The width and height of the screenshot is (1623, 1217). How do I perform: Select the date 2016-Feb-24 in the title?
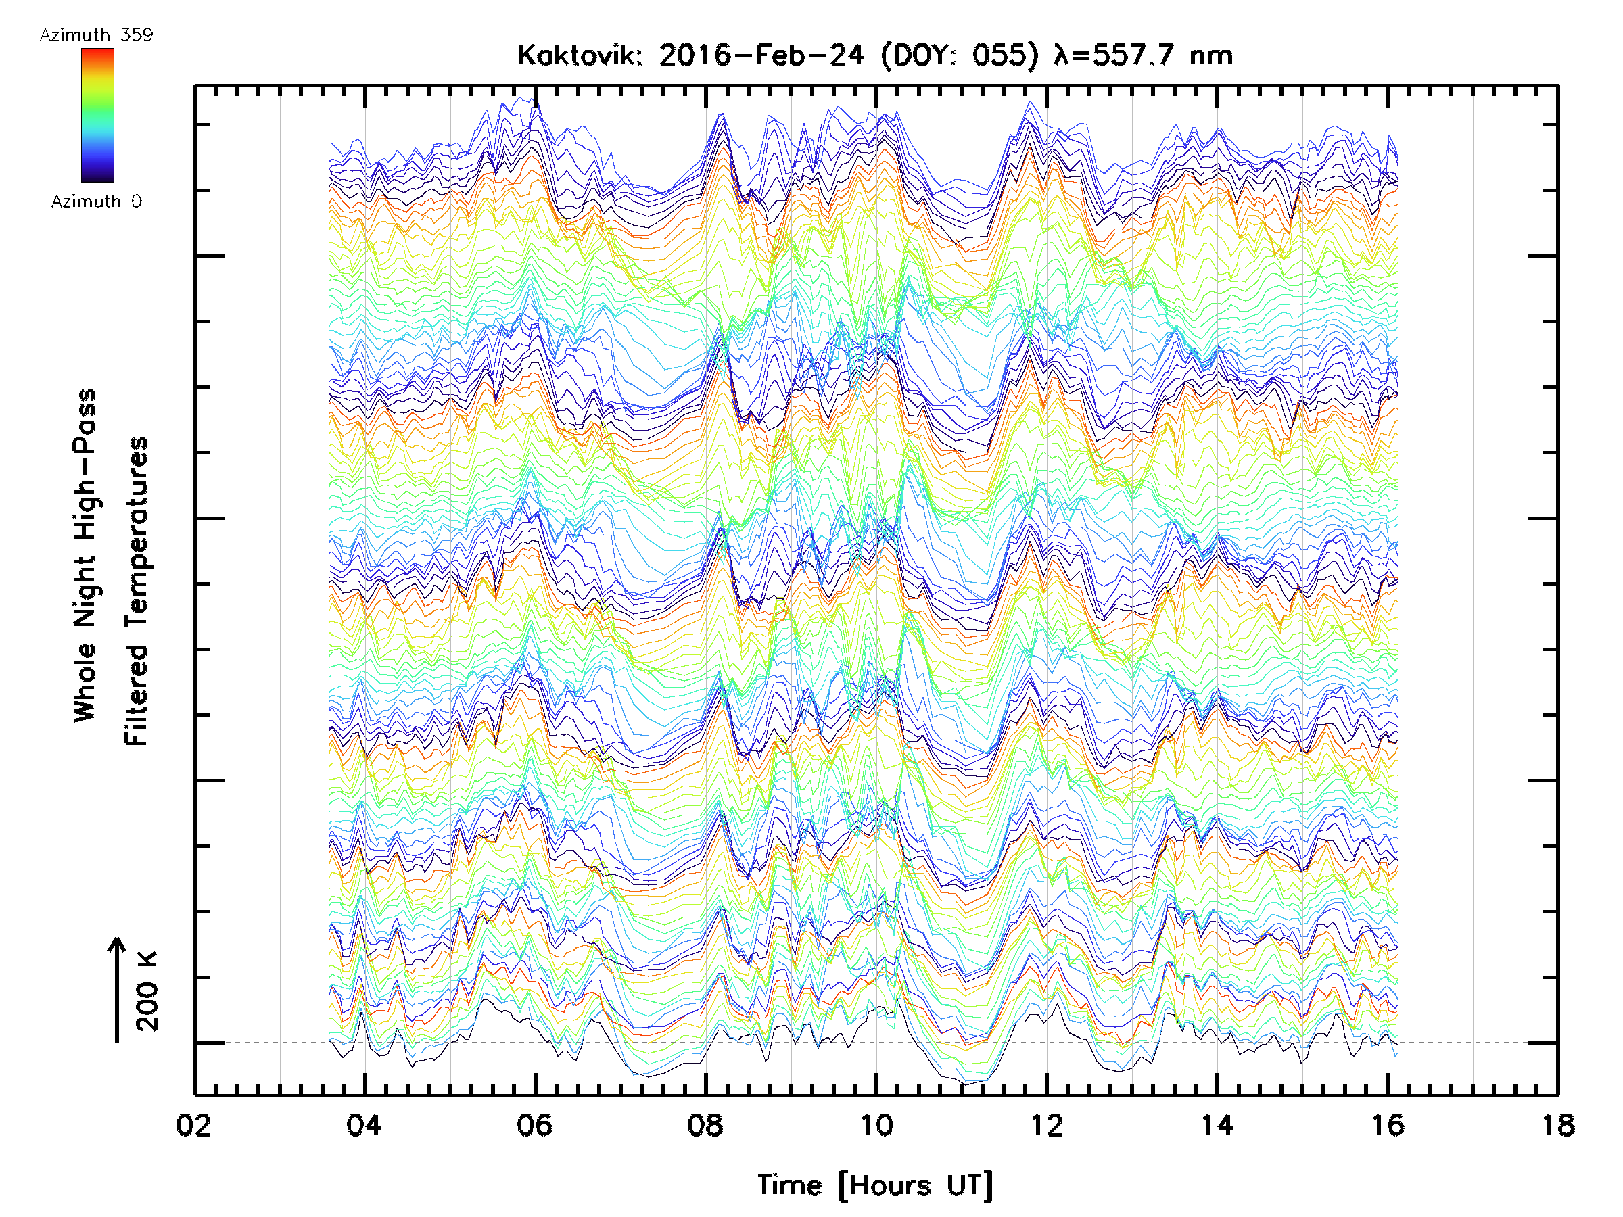point(761,55)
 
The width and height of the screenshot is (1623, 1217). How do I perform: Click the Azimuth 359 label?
point(96,35)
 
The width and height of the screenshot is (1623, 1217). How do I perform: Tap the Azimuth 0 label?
point(96,201)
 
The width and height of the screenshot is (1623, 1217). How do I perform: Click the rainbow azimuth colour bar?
point(97,115)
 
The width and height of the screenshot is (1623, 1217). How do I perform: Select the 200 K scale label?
point(147,991)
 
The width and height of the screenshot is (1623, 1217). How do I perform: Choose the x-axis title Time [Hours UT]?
point(875,1185)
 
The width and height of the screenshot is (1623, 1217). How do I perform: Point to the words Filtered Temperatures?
point(137,590)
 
